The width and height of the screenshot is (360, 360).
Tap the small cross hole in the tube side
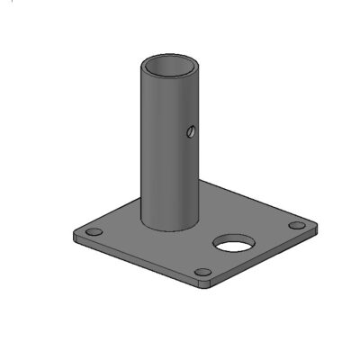pyautogui.click(x=190, y=132)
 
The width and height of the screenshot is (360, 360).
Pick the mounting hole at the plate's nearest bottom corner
pyautogui.click(x=204, y=272)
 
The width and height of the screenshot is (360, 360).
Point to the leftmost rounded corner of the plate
pyautogui.click(x=76, y=236)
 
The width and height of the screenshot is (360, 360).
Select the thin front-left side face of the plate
pyautogui.click(x=135, y=263)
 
